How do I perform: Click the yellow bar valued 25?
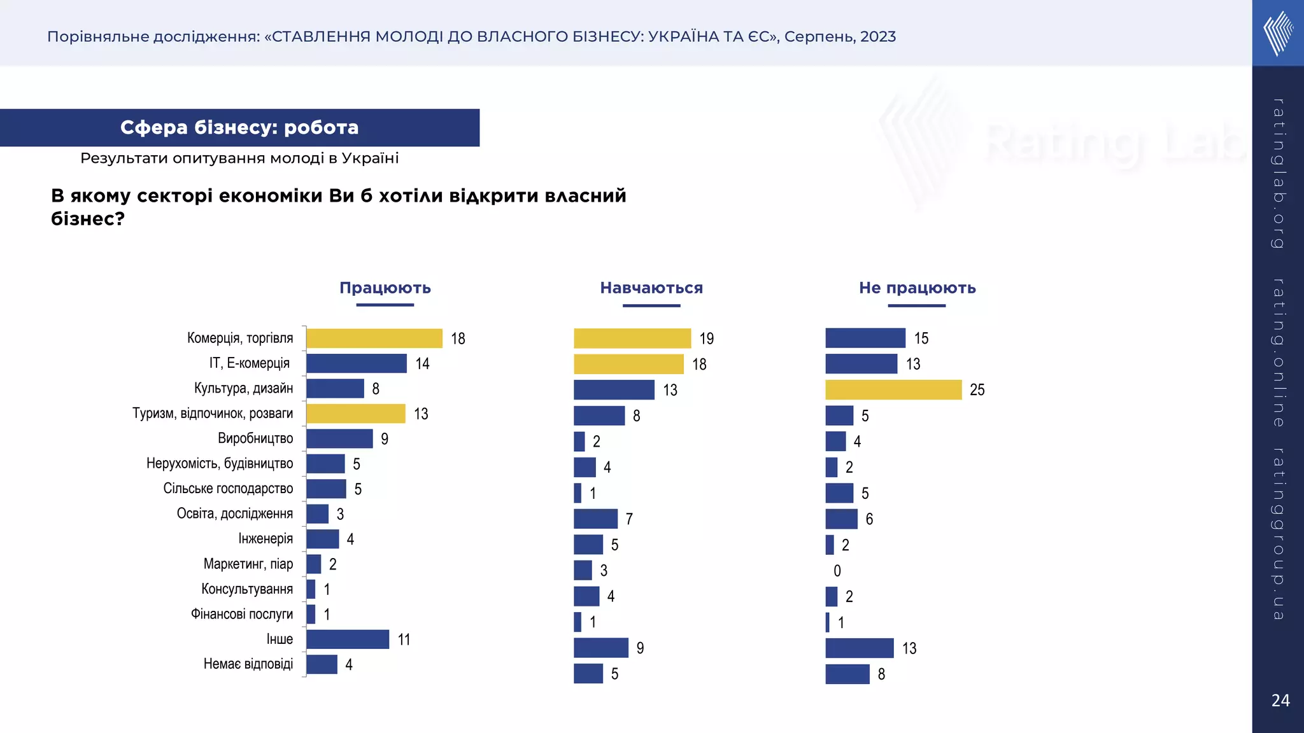(893, 389)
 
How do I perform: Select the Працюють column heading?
(385, 288)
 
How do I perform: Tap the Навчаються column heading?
(651, 288)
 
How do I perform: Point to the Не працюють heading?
(917, 288)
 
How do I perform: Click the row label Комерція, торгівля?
(240, 338)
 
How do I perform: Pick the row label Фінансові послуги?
(242, 614)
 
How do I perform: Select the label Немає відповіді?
(248, 664)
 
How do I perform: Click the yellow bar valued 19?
(632, 339)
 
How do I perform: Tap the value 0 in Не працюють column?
(837, 571)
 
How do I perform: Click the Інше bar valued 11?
(348, 639)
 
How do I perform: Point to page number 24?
(1280, 701)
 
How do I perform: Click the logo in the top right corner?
(1278, 33)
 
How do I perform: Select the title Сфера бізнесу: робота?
(239, 127)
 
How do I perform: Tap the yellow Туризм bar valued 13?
(355, 414)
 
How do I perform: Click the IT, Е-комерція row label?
(250, 363)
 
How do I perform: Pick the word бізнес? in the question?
(87, 219)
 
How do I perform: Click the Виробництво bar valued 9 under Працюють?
(339, 438)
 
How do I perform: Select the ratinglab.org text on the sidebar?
(1278, 173)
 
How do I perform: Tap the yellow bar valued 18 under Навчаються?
(628, 364)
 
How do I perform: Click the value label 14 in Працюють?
(422, 364)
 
